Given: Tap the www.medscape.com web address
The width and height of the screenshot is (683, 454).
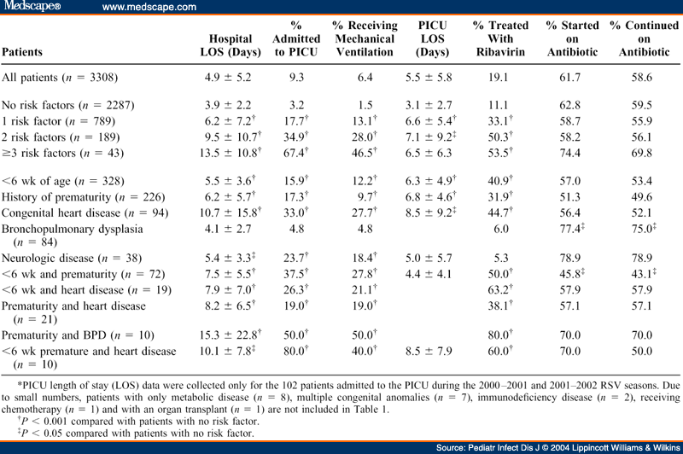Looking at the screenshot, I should [x=149, y=7].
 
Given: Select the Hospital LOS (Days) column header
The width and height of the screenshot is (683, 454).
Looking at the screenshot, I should [x=231, y=44].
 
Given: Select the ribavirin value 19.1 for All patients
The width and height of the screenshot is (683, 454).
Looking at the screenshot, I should [x=500, y=77].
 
